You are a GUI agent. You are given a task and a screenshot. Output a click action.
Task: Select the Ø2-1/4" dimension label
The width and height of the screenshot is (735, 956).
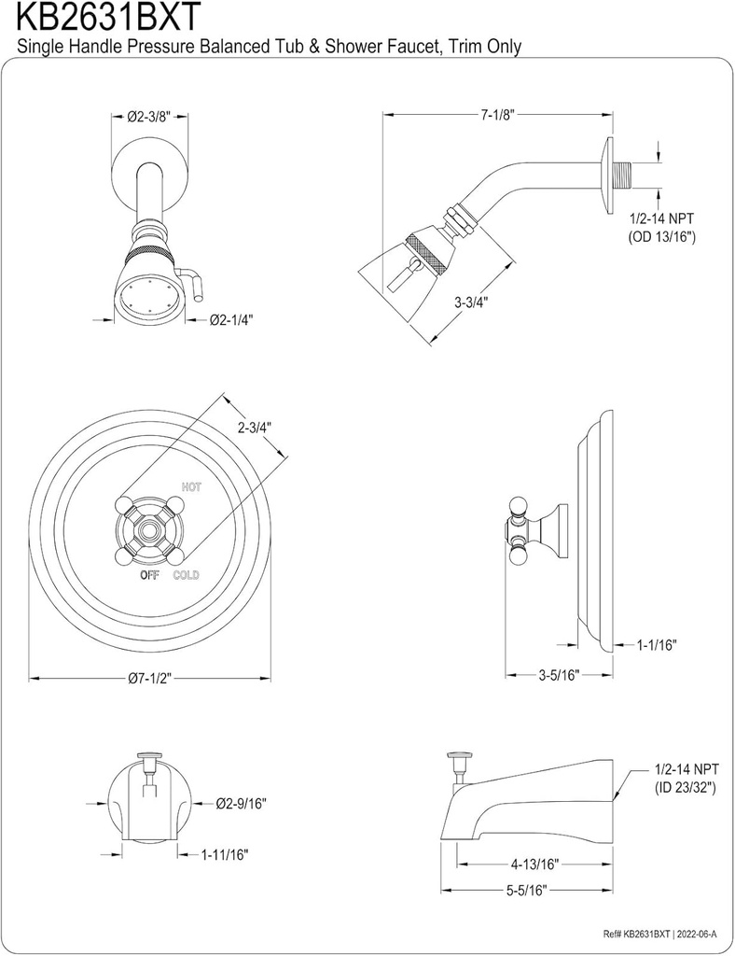point(231,319)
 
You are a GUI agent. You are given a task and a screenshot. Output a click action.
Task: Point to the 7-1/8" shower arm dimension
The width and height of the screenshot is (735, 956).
point(497,115)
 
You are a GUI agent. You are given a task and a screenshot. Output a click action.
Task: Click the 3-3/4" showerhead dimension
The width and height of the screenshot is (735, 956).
point(471,302)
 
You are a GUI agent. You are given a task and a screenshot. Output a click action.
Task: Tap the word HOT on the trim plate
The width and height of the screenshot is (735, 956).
point(191,486)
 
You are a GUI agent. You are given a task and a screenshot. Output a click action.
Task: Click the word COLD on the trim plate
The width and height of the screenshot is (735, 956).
point(187,575)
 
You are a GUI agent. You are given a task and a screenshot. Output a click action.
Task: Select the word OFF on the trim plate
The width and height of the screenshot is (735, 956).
point(149,575)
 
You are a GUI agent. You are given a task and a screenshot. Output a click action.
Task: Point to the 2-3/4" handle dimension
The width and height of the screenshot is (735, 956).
point(253,429)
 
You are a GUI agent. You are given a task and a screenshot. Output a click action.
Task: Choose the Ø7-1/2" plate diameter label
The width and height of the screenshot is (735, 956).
point(150,680)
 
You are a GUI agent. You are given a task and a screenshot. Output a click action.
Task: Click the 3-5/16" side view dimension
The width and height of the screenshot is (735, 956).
point(560,674)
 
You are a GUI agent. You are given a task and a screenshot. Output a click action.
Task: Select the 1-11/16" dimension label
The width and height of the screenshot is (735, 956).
point(225,853)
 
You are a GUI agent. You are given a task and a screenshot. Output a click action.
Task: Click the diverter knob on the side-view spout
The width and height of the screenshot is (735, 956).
point(458,754)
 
